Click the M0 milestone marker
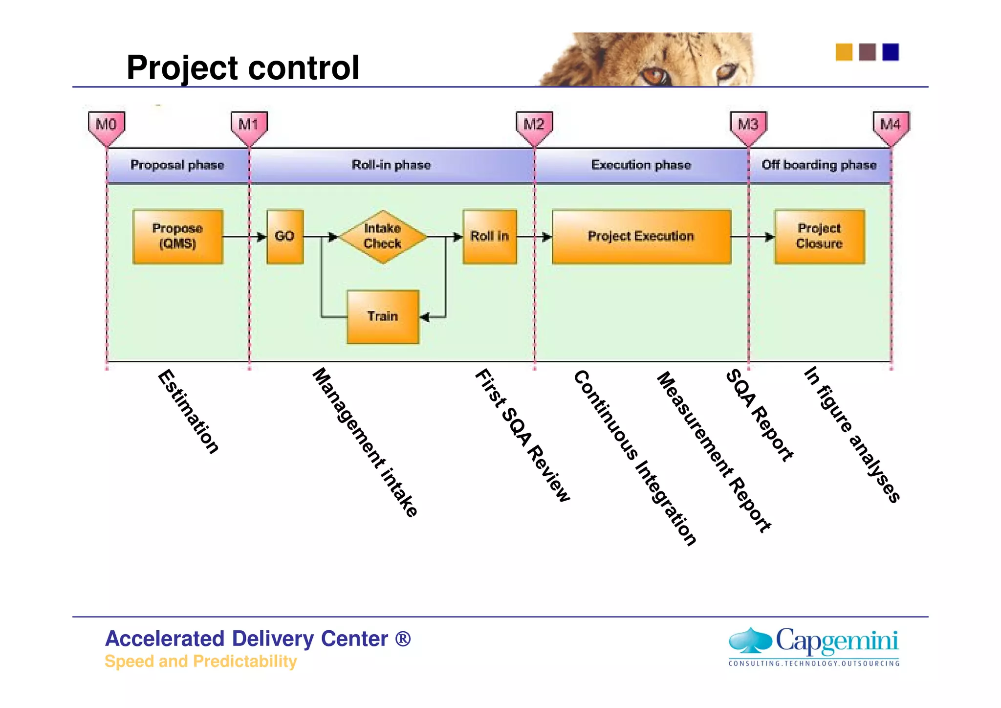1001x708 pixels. pos(107,126)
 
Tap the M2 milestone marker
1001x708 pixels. pos(534,126)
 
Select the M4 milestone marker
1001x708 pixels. pos(891,126)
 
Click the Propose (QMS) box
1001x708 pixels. pos(177,237)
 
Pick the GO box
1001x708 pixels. pos(285,237)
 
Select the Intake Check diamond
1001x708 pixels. pos(383,237)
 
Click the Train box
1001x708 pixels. pos(383,317)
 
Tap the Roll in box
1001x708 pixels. pos(490,237)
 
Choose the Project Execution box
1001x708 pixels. pos(641,237)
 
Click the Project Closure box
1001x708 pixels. pos(819,237)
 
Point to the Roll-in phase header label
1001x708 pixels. pos(391,165)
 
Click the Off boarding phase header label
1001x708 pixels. pos(819,165)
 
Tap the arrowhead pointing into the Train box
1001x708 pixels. pos(424,317)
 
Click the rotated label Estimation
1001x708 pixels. pos(188,412)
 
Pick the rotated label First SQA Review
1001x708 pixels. pos(522,435)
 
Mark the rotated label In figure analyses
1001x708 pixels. pos(851,434)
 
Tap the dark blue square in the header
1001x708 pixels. pos(891,52)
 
